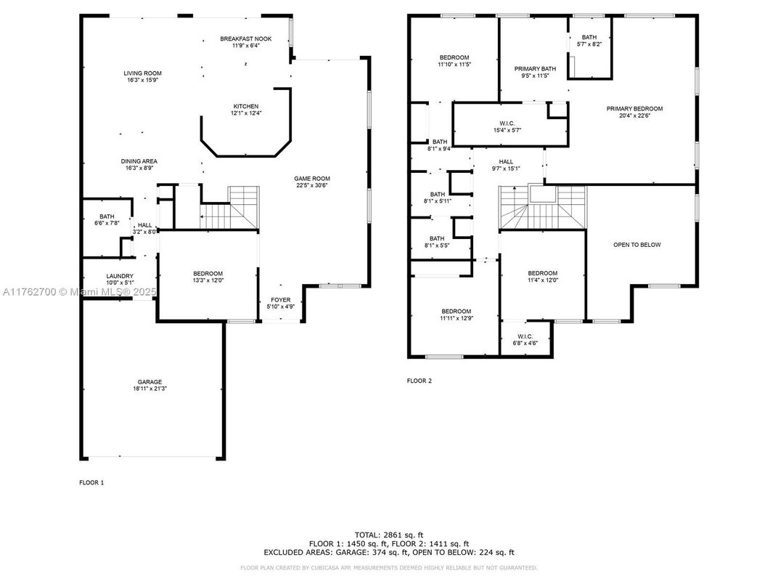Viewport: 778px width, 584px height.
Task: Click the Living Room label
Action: pos(142,73)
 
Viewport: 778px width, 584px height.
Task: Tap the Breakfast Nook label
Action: pos(246,38)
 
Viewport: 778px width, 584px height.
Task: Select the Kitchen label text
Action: pos(245,107)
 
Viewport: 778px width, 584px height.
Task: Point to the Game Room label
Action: pos(312,179)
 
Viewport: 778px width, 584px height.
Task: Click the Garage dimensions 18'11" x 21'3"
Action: pos(150,389)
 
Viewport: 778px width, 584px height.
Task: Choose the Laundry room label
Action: pos(120,276)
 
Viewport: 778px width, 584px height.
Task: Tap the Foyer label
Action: pos(281,299)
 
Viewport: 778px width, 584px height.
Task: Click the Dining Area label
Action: pos(139,161)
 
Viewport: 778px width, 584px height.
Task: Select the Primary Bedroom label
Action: pos(635,109)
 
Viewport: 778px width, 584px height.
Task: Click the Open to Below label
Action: pos(637,245)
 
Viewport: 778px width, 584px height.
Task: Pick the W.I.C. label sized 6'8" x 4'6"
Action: pos(525,336)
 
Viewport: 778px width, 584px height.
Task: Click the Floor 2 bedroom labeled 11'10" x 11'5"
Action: pos(454,57)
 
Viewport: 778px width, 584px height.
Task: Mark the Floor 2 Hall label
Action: pos(506,162)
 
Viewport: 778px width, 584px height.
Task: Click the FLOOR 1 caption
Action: pos(91,482)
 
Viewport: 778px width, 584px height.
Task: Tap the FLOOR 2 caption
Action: pos(419,381)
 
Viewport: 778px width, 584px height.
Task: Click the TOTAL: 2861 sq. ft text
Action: pos(388,535)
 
